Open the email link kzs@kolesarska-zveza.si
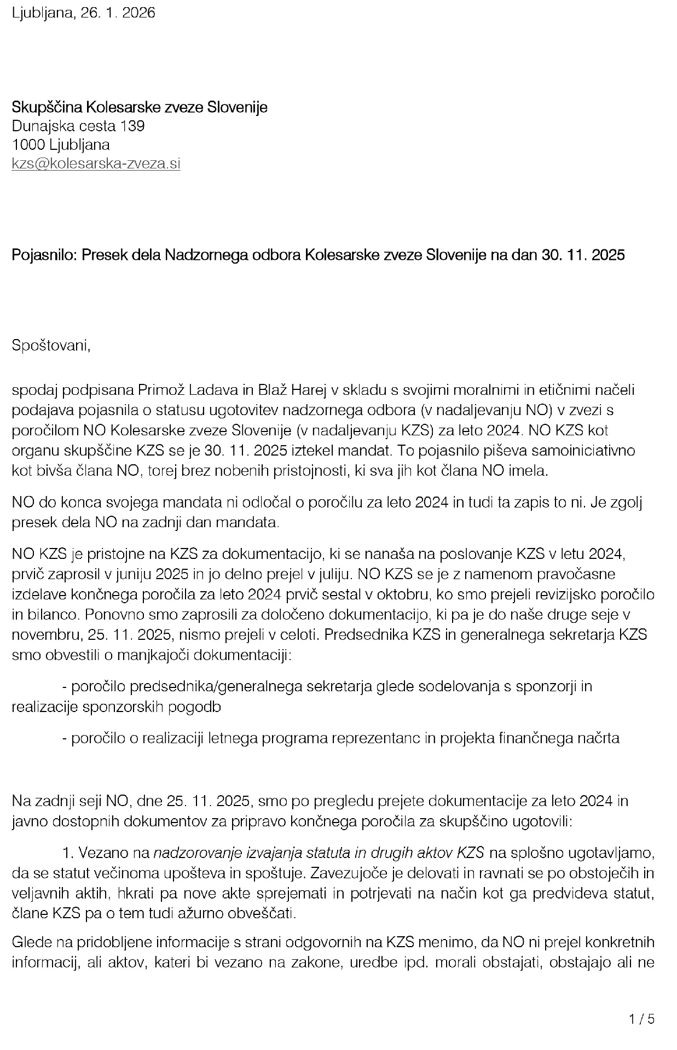(96, 163)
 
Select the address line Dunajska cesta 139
(78, 126)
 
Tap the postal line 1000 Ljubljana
(61, 144)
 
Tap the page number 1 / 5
(641, 1019)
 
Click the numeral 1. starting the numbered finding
(68, 852)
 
